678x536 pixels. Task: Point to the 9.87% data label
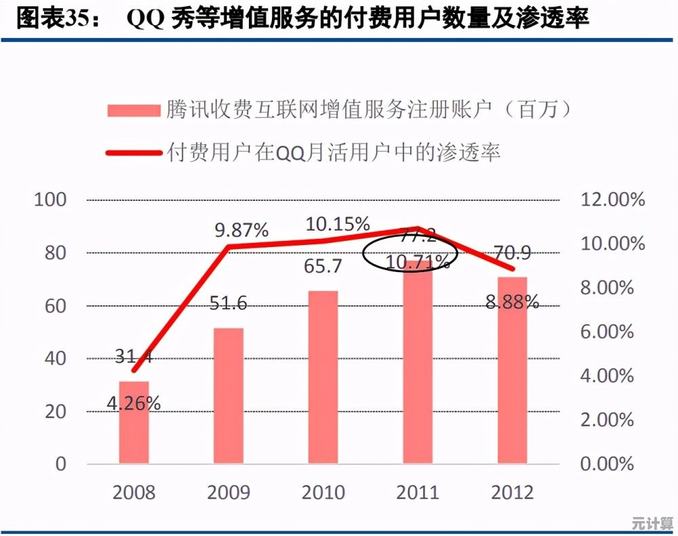241,229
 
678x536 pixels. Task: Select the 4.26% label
134,404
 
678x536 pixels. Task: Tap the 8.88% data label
513,301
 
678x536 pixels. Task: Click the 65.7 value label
323,267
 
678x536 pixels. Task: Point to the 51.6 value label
228,303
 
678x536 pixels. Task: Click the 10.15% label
337,223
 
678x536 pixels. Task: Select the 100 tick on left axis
50,200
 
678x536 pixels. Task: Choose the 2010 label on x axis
323,492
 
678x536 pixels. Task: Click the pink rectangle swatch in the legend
132,111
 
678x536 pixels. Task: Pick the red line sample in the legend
132,152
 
